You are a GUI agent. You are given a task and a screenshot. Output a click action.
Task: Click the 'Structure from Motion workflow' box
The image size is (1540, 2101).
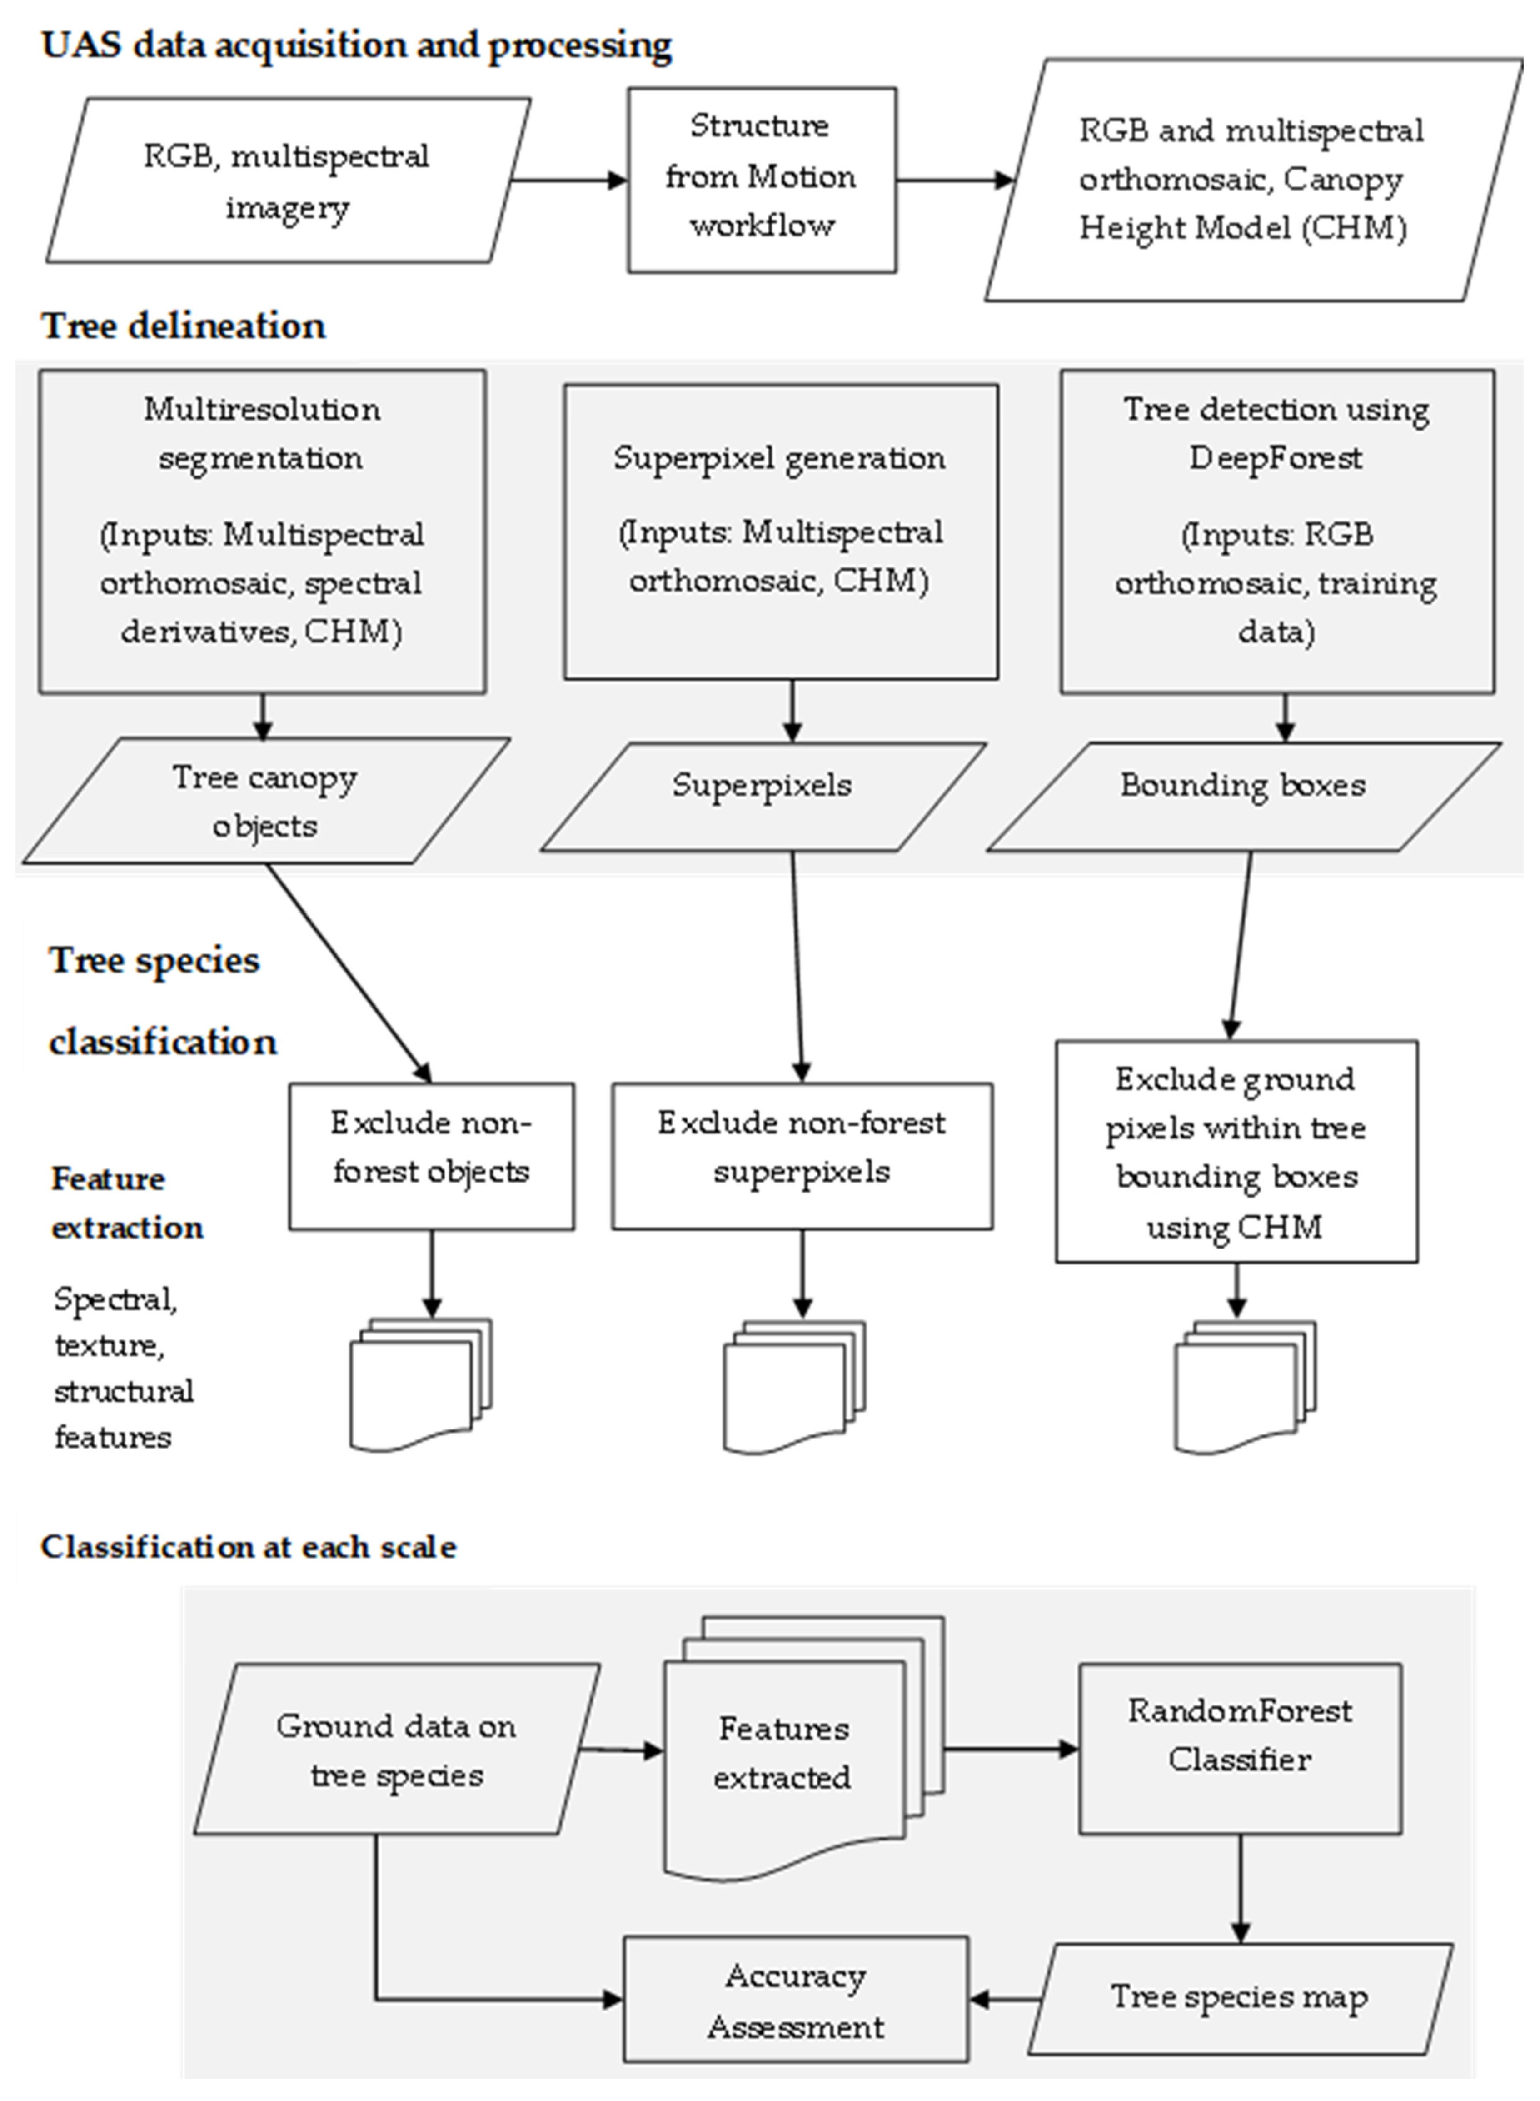coord(762,180)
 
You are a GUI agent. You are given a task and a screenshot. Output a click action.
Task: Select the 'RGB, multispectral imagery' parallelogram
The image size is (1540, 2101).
coord(287,181)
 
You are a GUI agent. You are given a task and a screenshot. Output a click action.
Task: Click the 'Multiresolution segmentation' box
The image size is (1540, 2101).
coord(262,532)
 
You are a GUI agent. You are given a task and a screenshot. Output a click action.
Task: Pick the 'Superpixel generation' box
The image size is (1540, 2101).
coord(780,532)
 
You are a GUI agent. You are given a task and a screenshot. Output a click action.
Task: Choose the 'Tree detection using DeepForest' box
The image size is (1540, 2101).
coord(1276,532)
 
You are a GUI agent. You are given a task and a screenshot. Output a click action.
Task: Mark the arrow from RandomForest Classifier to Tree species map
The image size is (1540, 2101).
coord(1240,1888)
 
